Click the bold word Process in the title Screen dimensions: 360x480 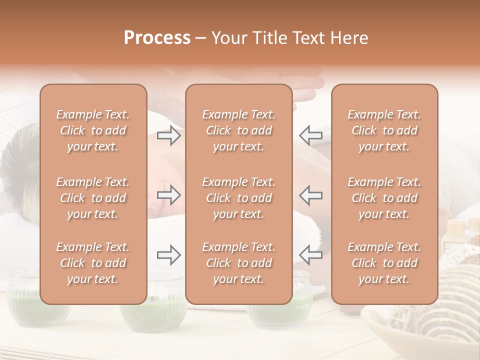click(157, 38)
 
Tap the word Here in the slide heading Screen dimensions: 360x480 click(348, 38)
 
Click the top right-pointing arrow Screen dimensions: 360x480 click(169, 135)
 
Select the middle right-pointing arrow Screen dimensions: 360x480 click(169, 195)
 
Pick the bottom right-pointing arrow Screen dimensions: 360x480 click(169, 255)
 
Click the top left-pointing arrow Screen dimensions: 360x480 click(310, 135)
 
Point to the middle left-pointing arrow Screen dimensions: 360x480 click(310, 195)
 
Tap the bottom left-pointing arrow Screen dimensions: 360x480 click(310, 255)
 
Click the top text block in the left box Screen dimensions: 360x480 click(93, 130)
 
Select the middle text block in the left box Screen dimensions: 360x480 click(93, 198)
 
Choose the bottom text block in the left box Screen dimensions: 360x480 click(93, 263)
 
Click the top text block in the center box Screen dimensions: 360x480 click(239, 130)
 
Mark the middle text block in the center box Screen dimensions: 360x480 click(239, 198)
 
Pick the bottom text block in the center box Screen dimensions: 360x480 click(239, 263)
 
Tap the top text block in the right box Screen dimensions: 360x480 click(384, 130)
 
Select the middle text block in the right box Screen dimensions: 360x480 click(384, 198)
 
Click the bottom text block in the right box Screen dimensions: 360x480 click(384, 263)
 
